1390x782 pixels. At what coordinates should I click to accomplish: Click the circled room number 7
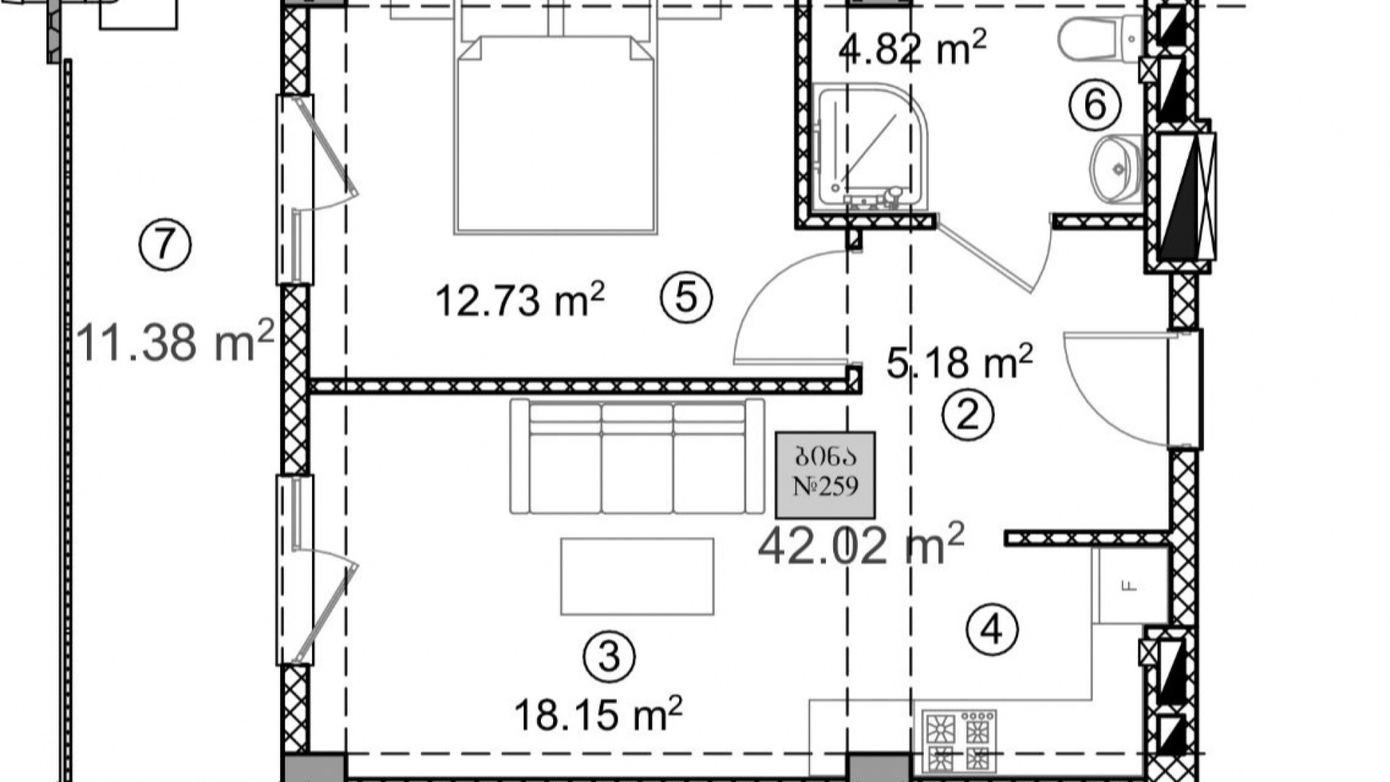[x=165, y=245]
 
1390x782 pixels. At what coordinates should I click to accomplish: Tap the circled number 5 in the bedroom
[x=686, y=297]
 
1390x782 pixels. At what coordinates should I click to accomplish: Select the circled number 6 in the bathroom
[x=1095, y=105]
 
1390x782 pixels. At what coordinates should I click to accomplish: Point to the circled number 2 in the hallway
[x=968, y=415]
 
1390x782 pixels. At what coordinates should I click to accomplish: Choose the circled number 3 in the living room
[x=610, y=657]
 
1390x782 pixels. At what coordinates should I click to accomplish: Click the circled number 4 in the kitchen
[x=993, y=629]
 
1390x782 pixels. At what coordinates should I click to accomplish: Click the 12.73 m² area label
[x=520, y=300]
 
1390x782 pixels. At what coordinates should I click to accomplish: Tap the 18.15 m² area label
[x=598, y=713]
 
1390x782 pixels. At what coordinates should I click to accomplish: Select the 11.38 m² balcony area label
[x=174, y=342]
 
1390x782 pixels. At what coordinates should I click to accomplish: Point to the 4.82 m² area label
[x=912, y=48]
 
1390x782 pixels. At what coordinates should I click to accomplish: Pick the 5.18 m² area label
[x=960, y=362]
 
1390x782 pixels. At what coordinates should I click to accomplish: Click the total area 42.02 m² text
[x=862, y=545]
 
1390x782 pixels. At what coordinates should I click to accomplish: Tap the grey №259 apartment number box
[x=825, y=475]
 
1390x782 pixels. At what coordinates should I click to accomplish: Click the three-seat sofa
[x=637, y=456]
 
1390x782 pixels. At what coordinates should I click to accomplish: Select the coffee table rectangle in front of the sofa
[x=637, y=576]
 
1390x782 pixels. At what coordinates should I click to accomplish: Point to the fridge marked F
[x=1131, y=586]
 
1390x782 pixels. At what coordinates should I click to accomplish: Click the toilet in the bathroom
[x=1100, y=40]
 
